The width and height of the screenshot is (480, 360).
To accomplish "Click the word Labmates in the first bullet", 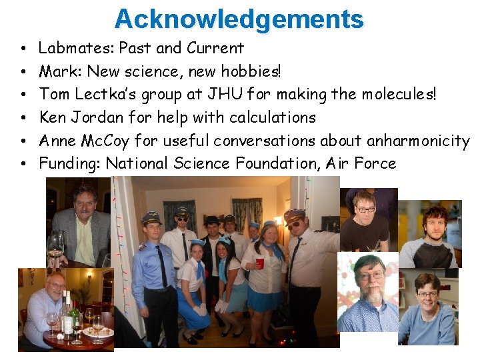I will (65, 48).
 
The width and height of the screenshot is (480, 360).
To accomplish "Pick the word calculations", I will (272, 117).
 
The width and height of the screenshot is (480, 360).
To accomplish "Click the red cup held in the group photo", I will (260, 264).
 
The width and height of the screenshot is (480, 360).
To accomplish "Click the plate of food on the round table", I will (98, 332).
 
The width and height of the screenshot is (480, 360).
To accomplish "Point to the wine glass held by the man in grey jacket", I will (54, 245).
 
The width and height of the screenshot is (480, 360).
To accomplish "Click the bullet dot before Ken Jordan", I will (23, 118).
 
